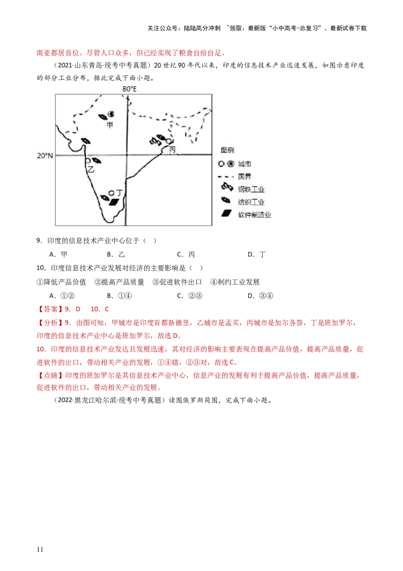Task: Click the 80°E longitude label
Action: coord(129,89)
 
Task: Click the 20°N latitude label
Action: coord(45,156)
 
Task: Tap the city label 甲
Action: coord(110,125)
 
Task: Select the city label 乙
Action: coord(91,170)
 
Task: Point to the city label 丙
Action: coord(172,150)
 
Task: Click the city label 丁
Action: coord(119,193)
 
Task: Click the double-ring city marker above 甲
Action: coord(111,115)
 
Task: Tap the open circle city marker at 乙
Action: coord(88,161)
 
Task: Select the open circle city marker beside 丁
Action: coord(111,193)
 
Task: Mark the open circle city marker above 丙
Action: coord(169,141)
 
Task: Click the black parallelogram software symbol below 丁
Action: coord(115,202)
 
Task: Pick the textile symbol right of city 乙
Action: coord(96,161)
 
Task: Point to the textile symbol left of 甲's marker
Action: coord(102,116)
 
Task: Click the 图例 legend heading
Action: coord(227,150)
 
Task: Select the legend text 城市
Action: coord(245,164)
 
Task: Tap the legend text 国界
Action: coord(245,177)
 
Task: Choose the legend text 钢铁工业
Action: coord(251,190)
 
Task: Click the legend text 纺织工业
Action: coord(251,202)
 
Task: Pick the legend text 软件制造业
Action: coord(254,214)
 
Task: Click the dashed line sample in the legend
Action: coord(227,177)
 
